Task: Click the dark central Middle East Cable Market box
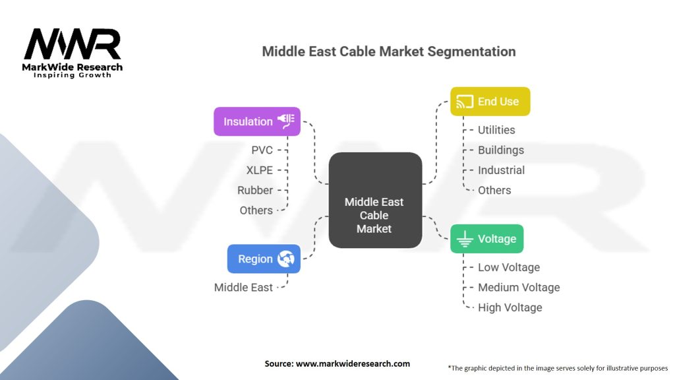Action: pyautogui.click(x=374, y=201)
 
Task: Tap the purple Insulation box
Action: pyautogui.click(x=256, y=121)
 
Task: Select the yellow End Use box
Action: pyautogui.click(x=490, y=102)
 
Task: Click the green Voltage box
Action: pyautogui.click(x=486, y=238)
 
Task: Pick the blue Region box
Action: pyautogui.click(x=264, y=259)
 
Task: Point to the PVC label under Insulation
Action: pyautogui.click(x=262, y=150)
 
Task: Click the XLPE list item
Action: pyautogui.click(x=259, y=170)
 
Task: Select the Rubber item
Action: pyautogui.click(x=255, y=190)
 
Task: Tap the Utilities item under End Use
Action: pyautogui.click(x=496, y=130)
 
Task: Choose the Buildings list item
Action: pyautogui.click(x=500, y=150)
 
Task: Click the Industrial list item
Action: pyautogui.click(x=501, y=170)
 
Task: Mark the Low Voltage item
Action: pyautogui.click(x=508, y=267)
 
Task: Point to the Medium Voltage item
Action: pyautogui.click(x=519, y=287)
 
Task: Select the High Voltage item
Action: pyautogui.click(x=510, y=307)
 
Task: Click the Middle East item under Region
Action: pyautogui.click(x=243, y=287)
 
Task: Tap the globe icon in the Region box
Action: pyautogui.click(x=285, y=259)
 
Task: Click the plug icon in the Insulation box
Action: pyautogui.click(x=287, y=121)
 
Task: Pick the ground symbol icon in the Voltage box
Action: pyautogui.click(x=465, y=239)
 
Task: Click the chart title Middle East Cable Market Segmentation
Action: pyautogui.click(x=389, y=51)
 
